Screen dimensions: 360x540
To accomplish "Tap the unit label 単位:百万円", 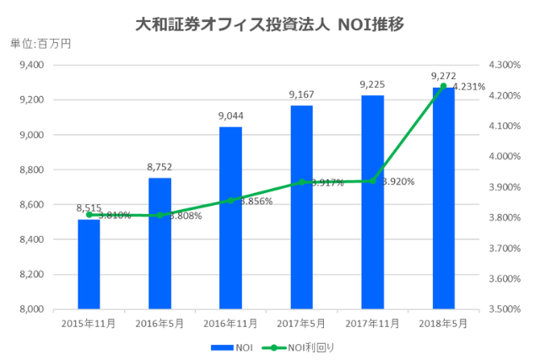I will (x=40, y=44).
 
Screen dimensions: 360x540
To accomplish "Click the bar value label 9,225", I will (x=372, y=84).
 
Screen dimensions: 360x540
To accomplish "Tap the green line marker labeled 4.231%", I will (x=443, y=86).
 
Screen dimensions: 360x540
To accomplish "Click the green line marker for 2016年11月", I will (x=230, y=201).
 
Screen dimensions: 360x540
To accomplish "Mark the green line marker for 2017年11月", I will (x=372, y=181).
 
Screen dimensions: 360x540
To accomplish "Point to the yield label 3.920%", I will (x=397, y=181).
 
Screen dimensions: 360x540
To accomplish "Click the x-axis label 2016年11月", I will (x=230, y=322).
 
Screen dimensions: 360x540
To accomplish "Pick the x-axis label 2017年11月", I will (x=372, y=322).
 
